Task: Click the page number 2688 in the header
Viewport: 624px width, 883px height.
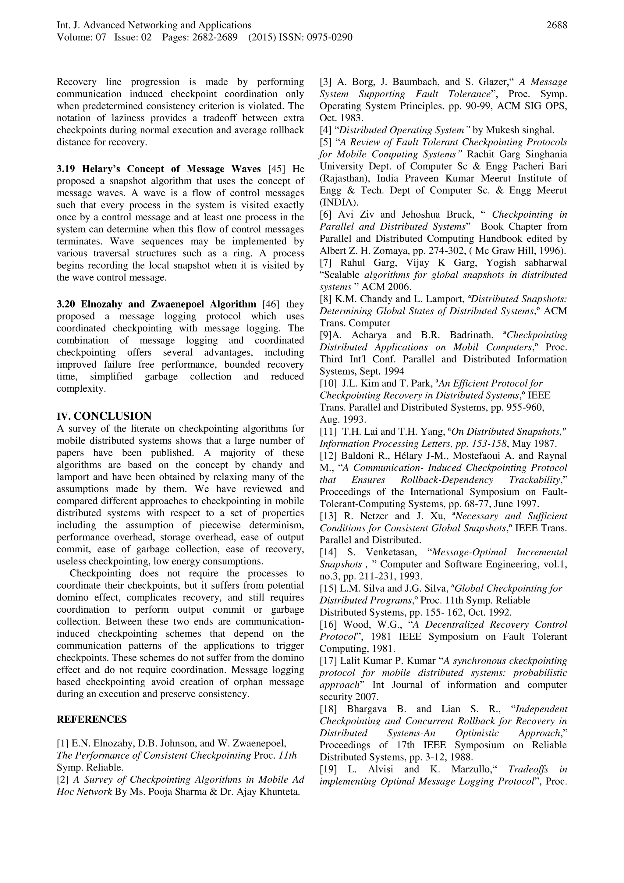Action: pos(556,25)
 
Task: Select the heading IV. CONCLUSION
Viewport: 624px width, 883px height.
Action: pos(104,416)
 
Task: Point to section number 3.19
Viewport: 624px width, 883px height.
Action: pos(66,169)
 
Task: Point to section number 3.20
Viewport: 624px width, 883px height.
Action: pos(66,304)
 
